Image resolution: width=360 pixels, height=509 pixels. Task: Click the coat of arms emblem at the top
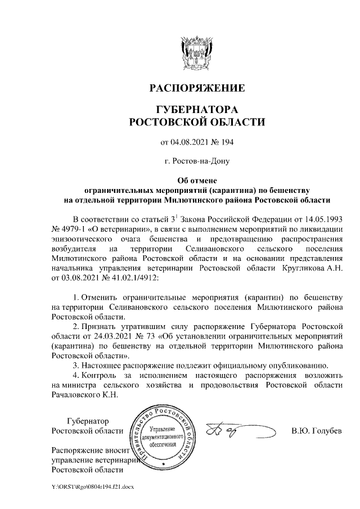click(x=196, y=51)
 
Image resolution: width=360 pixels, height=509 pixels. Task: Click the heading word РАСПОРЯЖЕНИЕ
click(x=196, y=88)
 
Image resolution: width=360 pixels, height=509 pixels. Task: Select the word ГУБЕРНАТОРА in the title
click(x=196, y=109)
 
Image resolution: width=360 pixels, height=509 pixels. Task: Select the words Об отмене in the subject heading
click(x=196, y=181)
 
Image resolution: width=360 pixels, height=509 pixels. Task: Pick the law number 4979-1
click(x=74, y=228)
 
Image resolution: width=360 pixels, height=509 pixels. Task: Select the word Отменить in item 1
click(x=100, y=296)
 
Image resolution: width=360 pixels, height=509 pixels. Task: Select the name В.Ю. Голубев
click(x=317, y=431)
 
